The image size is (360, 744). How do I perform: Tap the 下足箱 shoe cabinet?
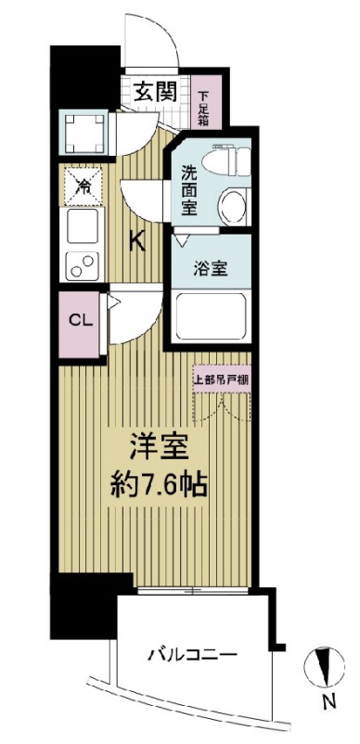pyautogui.click(x=204, y=106)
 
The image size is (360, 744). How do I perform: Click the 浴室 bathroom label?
pyautogui.click(x=209, y=270)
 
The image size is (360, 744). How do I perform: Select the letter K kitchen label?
pyautogui.click(x=136, y=241)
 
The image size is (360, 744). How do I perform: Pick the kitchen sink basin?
pyautogui.click(x=82, y=225)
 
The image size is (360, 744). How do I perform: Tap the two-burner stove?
pyautogui.click(x=82, y=263)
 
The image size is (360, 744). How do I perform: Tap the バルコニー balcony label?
pyautogui.click(x=192, y=654)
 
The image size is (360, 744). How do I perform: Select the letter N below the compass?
pyautogui.click(x=327, y=703)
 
